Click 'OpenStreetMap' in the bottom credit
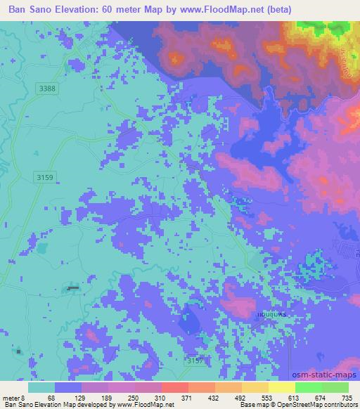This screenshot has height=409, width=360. tap(296, 405)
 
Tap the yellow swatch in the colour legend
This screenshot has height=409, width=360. tap(282, 387)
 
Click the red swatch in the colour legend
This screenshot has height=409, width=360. tap(174, 387)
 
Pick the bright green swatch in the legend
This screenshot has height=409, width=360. tap(309, 387)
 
